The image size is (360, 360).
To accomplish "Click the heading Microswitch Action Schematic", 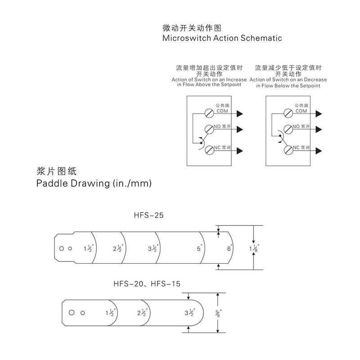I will pos(221,38).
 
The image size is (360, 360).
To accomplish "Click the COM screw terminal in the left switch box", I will pos(209,112).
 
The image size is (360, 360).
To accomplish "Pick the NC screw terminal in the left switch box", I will pos(209,150).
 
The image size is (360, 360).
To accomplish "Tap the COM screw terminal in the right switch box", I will pos(288,112).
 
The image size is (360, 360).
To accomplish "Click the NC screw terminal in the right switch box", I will pos(288,150).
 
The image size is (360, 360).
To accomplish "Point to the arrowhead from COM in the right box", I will pos(319,112).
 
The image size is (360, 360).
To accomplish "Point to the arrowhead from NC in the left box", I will pos(240,150).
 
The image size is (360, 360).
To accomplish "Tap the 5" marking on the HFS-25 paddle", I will pos(199,248).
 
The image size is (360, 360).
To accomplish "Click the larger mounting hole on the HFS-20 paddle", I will pos(71,312).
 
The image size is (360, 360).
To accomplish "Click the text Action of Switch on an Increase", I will pos(209,80).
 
